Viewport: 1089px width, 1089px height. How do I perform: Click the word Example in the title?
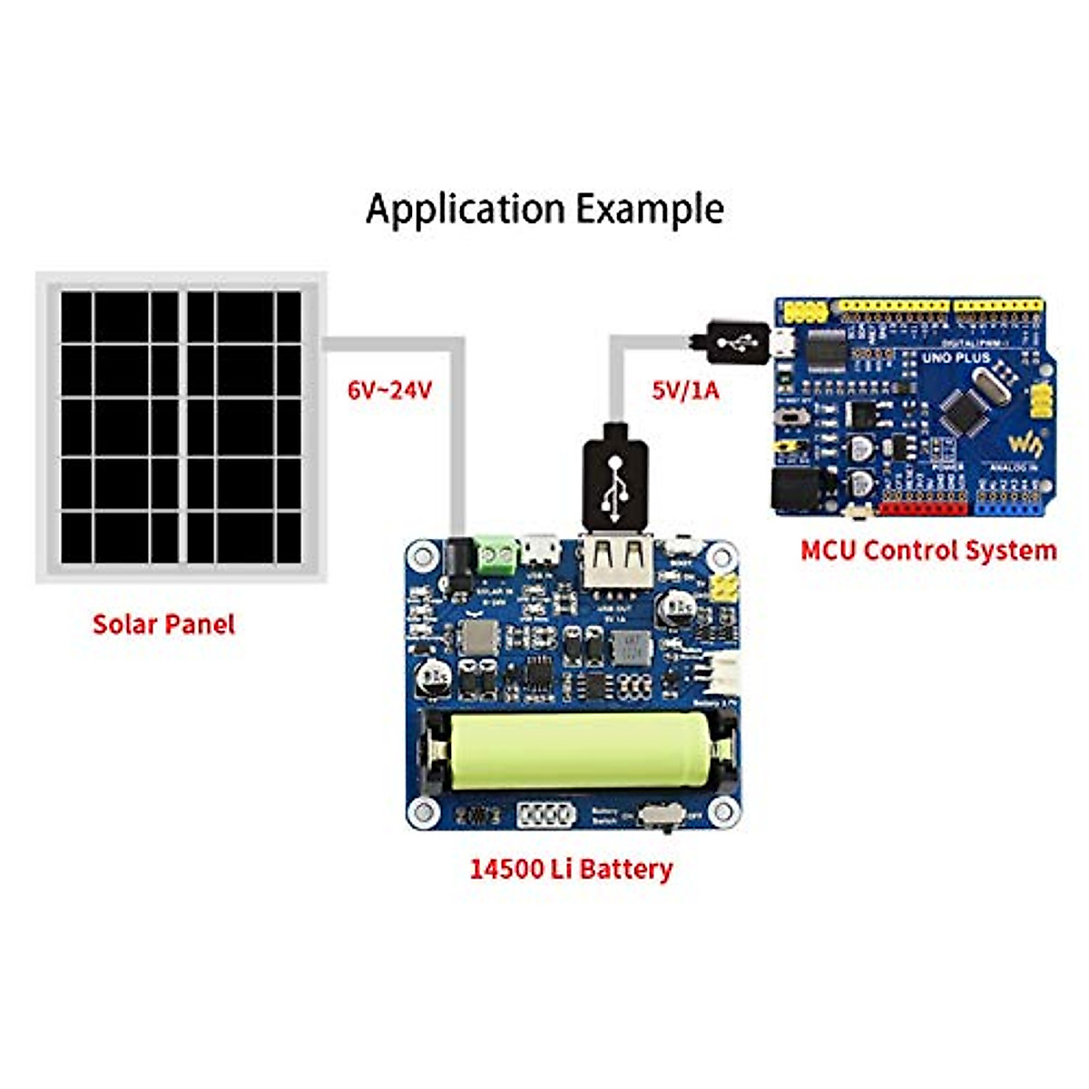651,209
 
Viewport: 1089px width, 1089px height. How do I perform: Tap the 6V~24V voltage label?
390,391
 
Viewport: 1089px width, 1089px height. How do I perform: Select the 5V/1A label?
685,391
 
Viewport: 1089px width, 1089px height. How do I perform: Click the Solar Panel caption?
163,624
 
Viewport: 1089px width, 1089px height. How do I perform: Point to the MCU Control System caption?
928,550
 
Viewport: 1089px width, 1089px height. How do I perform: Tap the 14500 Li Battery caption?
571,868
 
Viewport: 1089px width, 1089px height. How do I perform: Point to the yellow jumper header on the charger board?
723,590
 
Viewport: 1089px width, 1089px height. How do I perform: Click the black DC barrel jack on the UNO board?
791,489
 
